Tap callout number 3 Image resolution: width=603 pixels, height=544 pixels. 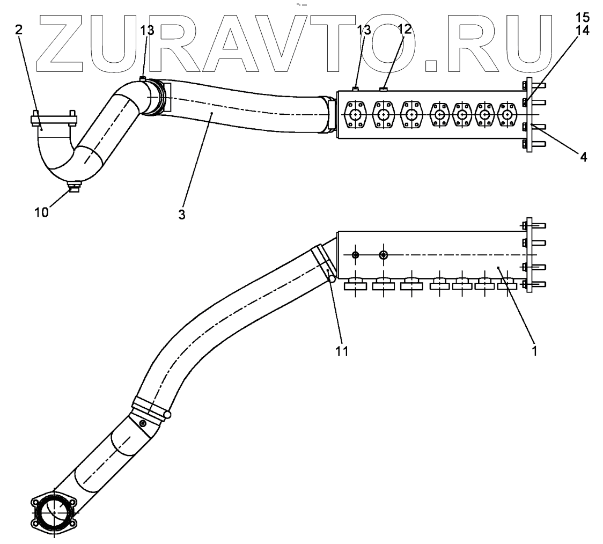point(182,215)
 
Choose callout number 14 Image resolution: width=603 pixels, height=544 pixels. point(583,31)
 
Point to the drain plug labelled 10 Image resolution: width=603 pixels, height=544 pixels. point(74,187)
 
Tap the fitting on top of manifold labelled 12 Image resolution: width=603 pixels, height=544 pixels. point(383,89)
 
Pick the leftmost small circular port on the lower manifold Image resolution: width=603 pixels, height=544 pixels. point(355,254)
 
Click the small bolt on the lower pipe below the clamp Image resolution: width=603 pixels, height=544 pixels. point(143,424)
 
